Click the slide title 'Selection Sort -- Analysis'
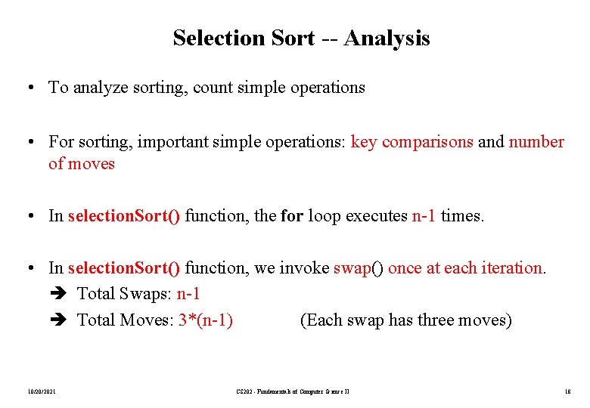pos(301,38)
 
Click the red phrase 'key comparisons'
pos(412,142)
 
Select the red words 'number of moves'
pos(536,142)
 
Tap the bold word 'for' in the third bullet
pos(291,216)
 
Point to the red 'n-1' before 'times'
pos(424,216)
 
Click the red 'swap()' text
pos(359,268)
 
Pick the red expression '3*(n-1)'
pos(206,320)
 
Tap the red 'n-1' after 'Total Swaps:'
pos(188,294)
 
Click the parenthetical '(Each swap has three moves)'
pos(406,320)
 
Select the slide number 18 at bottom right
pos(568,391)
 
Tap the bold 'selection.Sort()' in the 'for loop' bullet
pos(124,216)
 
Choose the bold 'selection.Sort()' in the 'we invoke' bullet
pos(124,268)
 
